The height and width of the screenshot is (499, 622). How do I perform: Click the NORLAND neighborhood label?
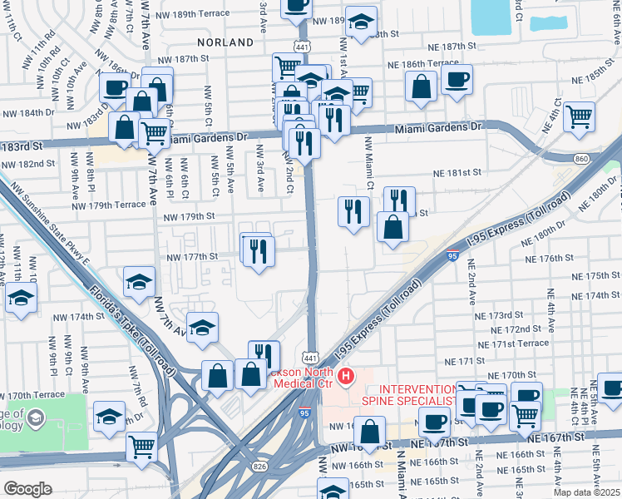[x=225, y=42]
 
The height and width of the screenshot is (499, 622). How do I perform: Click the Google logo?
[x=27, y=488]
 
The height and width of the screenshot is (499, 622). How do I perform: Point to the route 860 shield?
[x=581, y=158]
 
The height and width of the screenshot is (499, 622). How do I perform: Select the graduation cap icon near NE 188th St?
[x=361, y=22]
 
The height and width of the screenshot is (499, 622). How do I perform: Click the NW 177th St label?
[x=190, y=257]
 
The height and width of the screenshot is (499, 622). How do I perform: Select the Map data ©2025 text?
[x=585, y=492]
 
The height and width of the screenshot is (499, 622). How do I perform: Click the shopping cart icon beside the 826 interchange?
[x=141, y=445]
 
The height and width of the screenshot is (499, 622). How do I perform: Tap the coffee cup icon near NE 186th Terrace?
[x=456, y=81]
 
